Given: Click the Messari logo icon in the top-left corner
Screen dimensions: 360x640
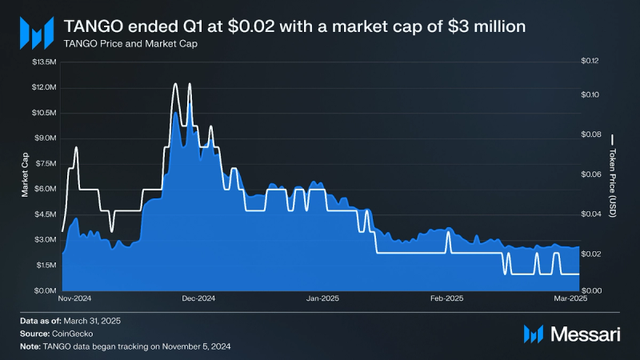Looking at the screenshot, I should (36, 33).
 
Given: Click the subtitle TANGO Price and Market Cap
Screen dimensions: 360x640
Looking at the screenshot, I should (130, 44).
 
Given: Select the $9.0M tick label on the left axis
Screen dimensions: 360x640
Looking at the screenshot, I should (45, 138).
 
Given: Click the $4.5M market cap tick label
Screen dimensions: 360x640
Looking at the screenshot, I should (45, 214).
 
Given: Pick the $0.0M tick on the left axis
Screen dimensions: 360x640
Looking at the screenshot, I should (45, 290).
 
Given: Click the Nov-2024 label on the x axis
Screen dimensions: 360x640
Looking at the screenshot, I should (77, 298).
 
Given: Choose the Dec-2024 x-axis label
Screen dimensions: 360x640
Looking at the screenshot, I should (199, 298).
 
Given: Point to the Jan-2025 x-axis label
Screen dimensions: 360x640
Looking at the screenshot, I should (323, 298).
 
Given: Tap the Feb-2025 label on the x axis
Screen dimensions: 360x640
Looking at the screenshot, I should (447, 298).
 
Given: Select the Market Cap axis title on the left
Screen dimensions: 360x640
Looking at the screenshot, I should (26, 176).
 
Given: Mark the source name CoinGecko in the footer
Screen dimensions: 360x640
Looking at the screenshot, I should (74, 333).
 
